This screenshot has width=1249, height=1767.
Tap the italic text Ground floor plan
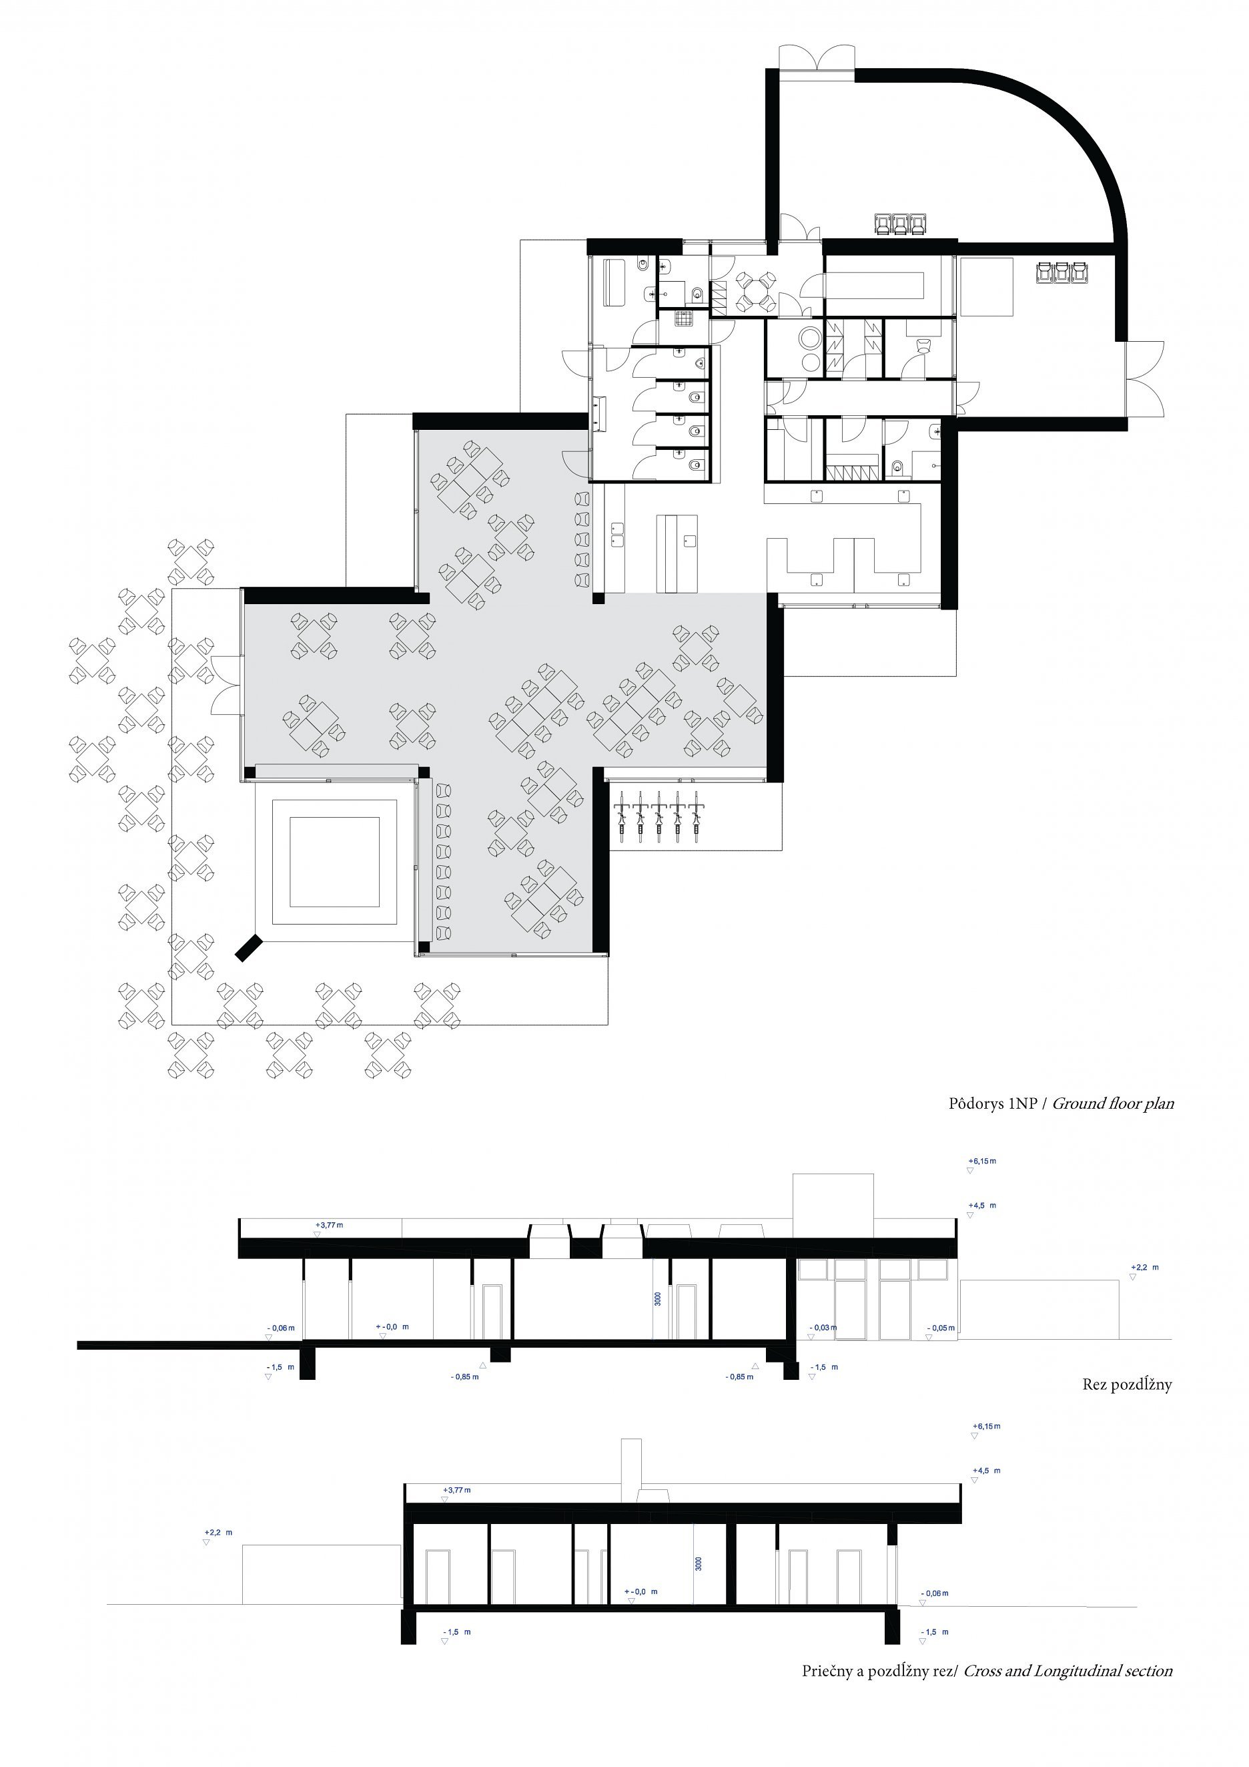pos(1113,1103)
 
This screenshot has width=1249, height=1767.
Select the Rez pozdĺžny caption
pos(1127,1384)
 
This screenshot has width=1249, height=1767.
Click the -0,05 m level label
pos(941,1328)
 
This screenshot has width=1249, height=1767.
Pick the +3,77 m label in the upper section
pos(329,1224)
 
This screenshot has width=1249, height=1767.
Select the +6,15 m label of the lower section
pos(987,1426)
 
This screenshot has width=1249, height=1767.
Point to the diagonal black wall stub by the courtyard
pos(249,947)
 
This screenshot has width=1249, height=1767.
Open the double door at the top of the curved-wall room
pos(817,59)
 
